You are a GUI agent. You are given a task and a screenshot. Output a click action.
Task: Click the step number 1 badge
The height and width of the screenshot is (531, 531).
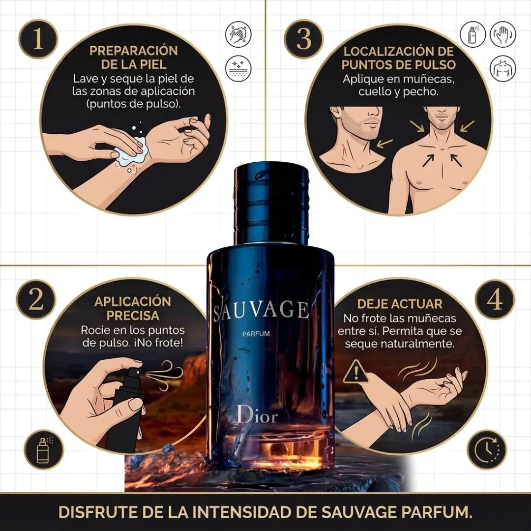[38, 39]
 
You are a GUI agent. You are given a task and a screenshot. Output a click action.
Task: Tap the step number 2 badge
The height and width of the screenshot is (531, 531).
[36, 299]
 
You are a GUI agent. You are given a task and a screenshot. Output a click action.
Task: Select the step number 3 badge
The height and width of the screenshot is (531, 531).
[303, 39]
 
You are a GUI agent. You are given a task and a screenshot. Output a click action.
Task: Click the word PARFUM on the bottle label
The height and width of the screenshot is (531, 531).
[256, 334]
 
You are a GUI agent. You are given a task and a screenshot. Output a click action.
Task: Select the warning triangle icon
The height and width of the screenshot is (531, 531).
[355, 372]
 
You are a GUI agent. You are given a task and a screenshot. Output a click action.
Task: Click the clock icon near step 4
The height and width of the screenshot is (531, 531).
[487, 449]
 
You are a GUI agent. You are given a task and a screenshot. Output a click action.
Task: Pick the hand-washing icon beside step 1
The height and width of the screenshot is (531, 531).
[238, 34]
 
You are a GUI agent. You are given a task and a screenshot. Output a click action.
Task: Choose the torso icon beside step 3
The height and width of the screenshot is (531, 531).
[503, 68]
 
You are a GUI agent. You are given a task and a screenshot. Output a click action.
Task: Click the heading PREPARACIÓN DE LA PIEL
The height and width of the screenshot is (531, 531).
[133, 57]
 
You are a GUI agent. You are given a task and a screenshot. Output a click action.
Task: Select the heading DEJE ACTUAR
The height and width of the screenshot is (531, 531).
[400, 304]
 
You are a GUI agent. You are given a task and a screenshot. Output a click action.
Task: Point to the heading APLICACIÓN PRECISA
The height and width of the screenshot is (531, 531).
[132, 308]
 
